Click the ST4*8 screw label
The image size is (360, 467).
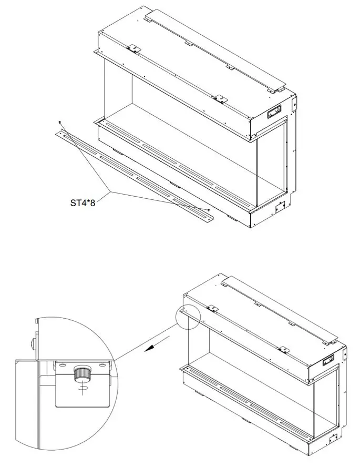tap(85, 201)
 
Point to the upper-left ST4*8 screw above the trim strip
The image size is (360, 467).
tap(60, 122)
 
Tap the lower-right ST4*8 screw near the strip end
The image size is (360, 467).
tap(209, 210)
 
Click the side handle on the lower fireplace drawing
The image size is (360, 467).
tap(329, 360)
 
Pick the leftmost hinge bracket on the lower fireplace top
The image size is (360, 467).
tap(213, 308)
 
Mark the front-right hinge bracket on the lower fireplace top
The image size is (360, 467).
tap(284, 349)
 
